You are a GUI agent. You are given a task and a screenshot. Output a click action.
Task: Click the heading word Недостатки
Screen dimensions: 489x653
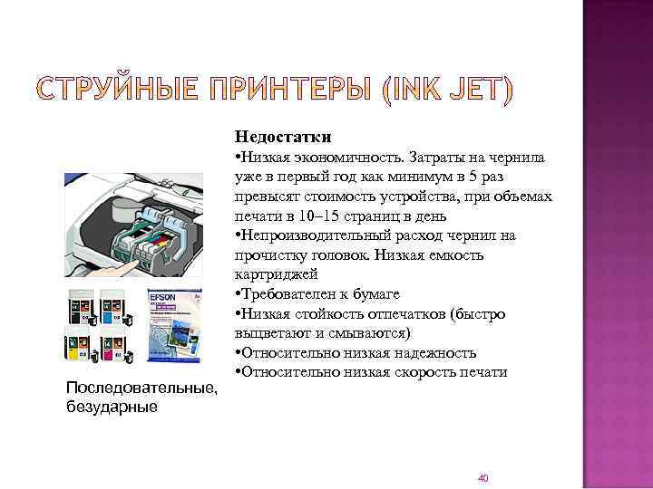282,138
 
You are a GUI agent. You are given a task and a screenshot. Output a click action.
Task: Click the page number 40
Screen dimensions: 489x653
482,477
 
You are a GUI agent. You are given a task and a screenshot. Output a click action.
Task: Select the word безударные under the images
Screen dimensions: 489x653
112,406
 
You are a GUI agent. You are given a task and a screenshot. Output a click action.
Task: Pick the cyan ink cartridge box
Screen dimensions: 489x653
112,307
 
